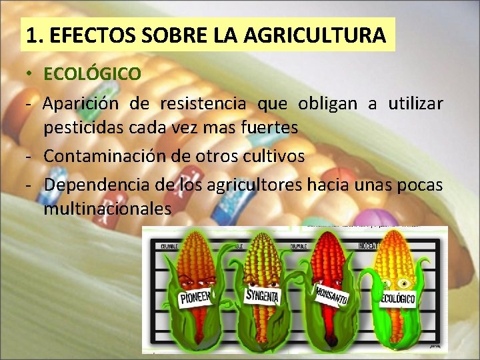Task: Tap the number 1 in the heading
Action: pos(29,35)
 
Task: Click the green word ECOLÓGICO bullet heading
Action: pos(92,73)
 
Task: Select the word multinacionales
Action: pos(107,209)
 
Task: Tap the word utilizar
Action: pos(414,105)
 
